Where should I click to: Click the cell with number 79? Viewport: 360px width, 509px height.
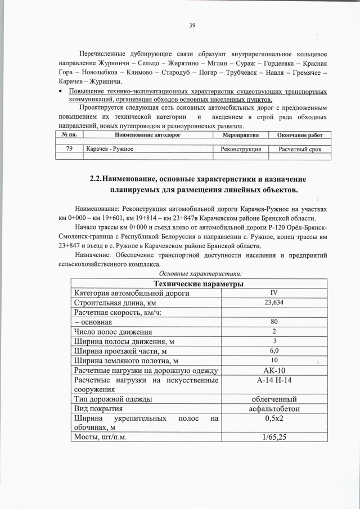point(69,149)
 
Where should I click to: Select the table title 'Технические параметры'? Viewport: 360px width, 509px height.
point(194,283)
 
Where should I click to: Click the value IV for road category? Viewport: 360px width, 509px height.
point(274,292)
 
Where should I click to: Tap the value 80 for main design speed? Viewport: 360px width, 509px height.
point(274,322)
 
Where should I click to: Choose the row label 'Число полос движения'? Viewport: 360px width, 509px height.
point(112,331)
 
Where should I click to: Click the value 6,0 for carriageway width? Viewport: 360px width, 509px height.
point(274,350)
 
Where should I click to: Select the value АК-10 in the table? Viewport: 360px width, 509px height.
point(274,370)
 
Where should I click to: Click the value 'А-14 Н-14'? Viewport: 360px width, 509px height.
point(274,381)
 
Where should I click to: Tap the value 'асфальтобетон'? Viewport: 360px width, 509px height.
point(274,409)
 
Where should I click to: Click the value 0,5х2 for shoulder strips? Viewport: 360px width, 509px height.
point(274,419)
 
